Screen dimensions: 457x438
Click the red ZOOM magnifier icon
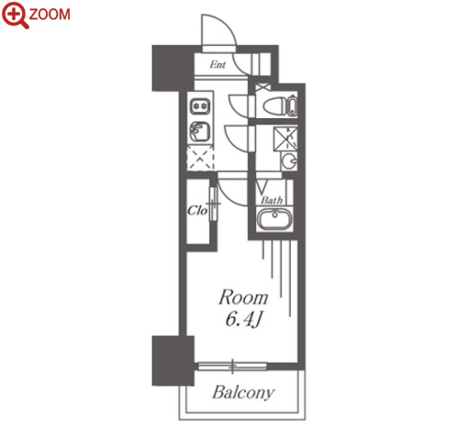pyautogui.click(x=15, y=15)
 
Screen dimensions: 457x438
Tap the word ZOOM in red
pyautogui.click(x=50, y=15)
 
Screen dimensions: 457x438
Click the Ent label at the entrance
pyautogui.click(x=217, y=64)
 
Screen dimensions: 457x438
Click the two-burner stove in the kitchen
pyautogui.click(x=200, y=106)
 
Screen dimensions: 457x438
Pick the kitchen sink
pyautogui.click(x=200, y=131)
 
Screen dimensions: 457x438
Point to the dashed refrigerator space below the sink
pyautogui.click(x=200, y=158)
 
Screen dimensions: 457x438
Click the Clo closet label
pyautogui.click(x=197, y=210)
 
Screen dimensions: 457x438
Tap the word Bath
pyautogui.click(x=272, y=200)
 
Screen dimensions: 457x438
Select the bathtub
pyautogui.click(x=274, y=219)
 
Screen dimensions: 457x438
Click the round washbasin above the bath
pyautogui.click(x=289, y=161)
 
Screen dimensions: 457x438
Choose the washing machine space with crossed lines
pyautogui.click(x=285, y=138)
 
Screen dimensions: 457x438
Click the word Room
pyautogui.click(x=243, y=297)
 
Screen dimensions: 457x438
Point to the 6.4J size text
pyautogui.click(x=244, y=320)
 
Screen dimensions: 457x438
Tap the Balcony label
pyautogui.click(x=243, y=392)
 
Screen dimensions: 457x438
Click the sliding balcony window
pyautogui.click(x=232, y=366)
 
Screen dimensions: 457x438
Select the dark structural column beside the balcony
pyautogui.click(x=173, y=360)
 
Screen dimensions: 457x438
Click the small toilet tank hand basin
pyautogui.click(x=292, y=106)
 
